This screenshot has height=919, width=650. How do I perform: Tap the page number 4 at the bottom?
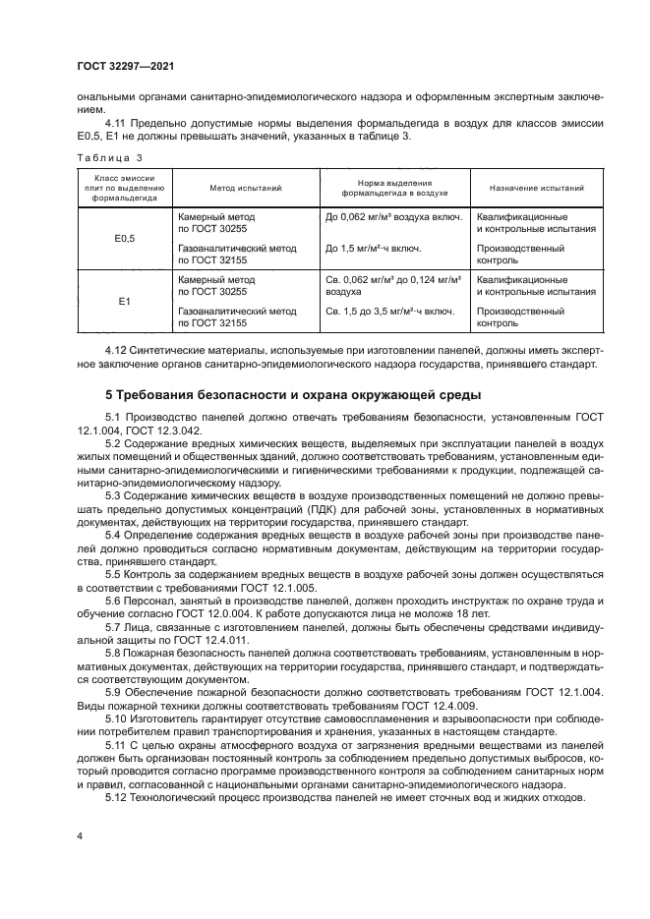[x=78, y=836]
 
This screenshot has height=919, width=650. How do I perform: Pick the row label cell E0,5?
[x=124, y=237]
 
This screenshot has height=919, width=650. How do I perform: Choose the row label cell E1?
[x=124, y=301]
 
